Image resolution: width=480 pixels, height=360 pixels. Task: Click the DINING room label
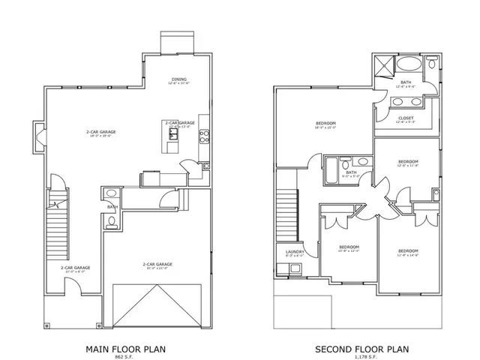[x=178, y=79]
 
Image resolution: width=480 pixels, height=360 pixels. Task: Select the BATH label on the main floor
[x=111, y=207]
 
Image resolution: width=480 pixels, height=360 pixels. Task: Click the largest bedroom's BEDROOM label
[x=325, y=123]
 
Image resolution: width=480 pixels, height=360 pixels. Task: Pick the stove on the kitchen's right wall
[x=205, y=136]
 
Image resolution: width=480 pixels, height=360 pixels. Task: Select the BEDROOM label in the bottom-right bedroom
[x=407, y=250]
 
